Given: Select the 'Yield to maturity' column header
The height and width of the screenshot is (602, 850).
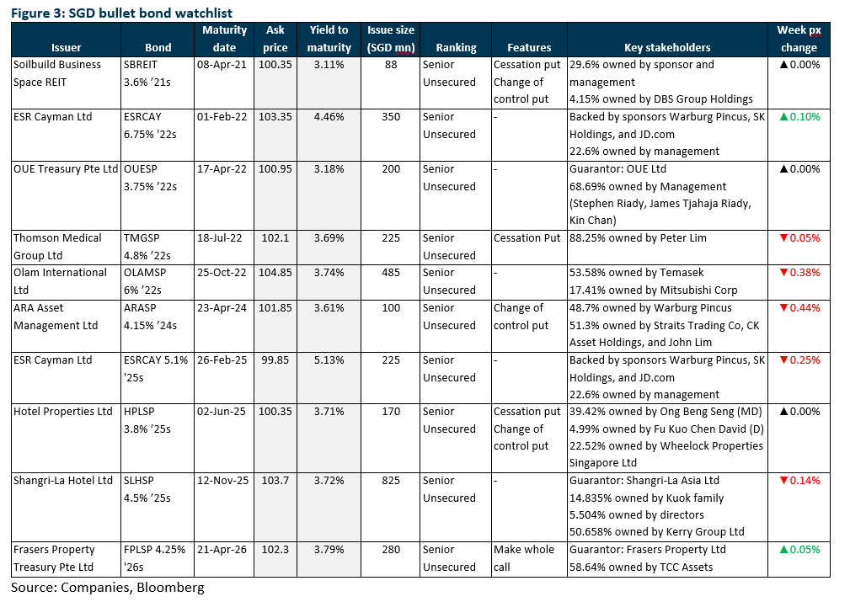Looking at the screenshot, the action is (329, 39).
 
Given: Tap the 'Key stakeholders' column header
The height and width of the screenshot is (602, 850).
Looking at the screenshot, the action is (667, 48).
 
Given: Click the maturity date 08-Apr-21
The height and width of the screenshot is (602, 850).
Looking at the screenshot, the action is (222, 65).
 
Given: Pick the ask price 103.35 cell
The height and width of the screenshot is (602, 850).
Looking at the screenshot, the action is (275, 117).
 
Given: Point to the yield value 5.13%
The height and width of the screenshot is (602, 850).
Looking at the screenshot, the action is (329, 360).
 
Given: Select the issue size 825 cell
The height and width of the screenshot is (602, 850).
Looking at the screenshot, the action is (391, 481).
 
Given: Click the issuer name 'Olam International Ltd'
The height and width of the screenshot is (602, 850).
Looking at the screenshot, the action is (60, 281).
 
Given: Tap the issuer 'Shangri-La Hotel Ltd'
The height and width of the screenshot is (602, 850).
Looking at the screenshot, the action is (63, 481).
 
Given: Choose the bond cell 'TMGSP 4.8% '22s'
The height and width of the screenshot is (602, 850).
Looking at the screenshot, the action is (147, 247).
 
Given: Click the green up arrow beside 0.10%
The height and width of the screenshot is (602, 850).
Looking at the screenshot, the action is (783, 116).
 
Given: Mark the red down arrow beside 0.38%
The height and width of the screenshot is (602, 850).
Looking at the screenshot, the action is (783, 273).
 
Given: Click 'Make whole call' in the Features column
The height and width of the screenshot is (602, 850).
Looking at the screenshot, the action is (524, 558).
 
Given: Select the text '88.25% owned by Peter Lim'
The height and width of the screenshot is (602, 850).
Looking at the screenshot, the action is (638, 238).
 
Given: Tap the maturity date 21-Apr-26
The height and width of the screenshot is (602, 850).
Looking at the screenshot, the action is (222, 550).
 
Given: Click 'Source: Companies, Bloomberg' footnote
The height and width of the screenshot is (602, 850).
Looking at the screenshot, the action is (108, 588).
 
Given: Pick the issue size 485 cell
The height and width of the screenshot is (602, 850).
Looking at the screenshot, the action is (391, 273).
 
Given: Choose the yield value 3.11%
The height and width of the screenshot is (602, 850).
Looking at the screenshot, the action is (329, 65).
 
